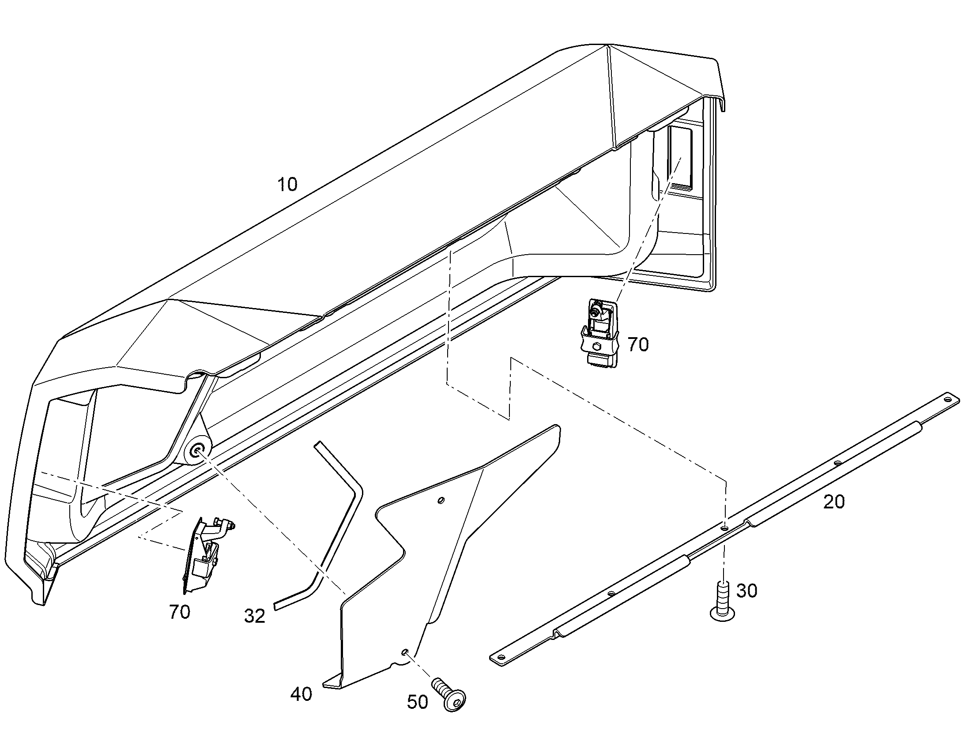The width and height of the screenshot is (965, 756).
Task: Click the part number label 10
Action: (x=287, y=184)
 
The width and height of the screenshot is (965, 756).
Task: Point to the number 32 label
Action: (x=255, y=616)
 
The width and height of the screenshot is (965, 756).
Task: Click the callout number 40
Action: (x=301, y=694)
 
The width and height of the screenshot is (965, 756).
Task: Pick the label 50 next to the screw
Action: (x=418, y=702)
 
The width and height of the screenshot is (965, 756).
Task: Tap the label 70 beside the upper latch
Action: (x=638, y=344)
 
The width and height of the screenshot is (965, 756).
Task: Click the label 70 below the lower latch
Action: (x=180, y=612)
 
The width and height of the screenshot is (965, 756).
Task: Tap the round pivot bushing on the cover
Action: (x=196, y=452)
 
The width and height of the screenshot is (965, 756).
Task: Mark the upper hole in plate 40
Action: (x=440, y=500)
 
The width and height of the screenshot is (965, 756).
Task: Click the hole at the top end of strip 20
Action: (x=947, y=400)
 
